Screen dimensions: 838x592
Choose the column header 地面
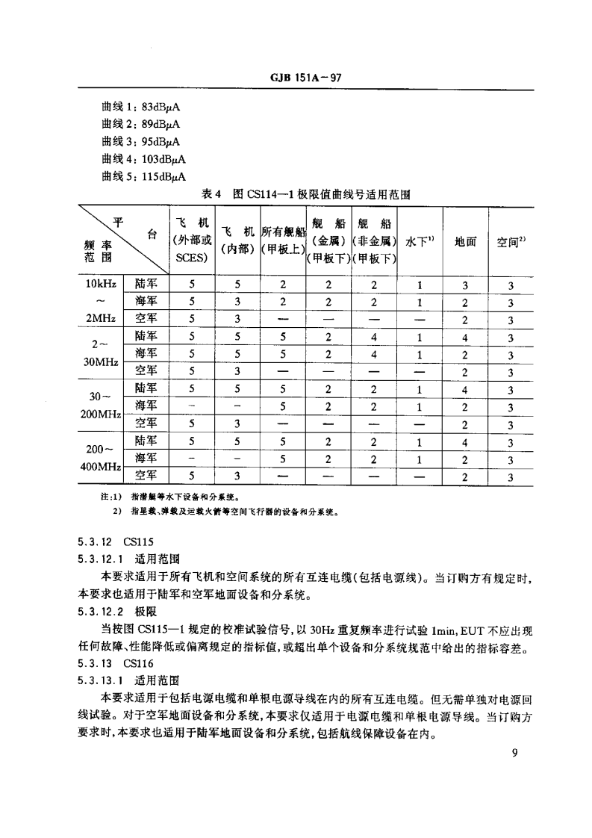[x=466, y=241]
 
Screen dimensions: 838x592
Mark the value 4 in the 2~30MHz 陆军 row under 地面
[x=466, y=337]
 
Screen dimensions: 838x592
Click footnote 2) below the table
[x=224, y=512]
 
